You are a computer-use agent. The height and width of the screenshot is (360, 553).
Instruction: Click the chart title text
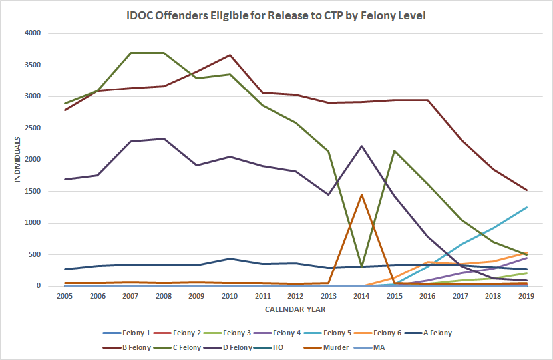point(276,14)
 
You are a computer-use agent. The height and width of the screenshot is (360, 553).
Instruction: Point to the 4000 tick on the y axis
point(32,33)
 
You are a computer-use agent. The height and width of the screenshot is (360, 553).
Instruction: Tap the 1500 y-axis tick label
point(32,192)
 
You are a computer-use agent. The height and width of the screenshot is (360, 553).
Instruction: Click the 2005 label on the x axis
point(65,296)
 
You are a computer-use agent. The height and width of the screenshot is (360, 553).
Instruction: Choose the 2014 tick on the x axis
point(361,296)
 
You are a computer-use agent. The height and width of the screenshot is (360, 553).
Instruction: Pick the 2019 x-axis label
point(526,296)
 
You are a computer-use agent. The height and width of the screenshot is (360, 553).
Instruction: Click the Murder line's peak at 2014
point(361,194)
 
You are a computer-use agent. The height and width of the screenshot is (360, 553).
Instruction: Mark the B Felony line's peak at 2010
point(230,55)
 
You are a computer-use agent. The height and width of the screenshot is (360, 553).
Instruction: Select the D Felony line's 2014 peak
point(361,146)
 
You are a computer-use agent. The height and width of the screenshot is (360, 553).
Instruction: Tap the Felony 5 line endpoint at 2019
point(526,207)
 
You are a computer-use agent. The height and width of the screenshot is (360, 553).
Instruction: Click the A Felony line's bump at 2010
point(230,258)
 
